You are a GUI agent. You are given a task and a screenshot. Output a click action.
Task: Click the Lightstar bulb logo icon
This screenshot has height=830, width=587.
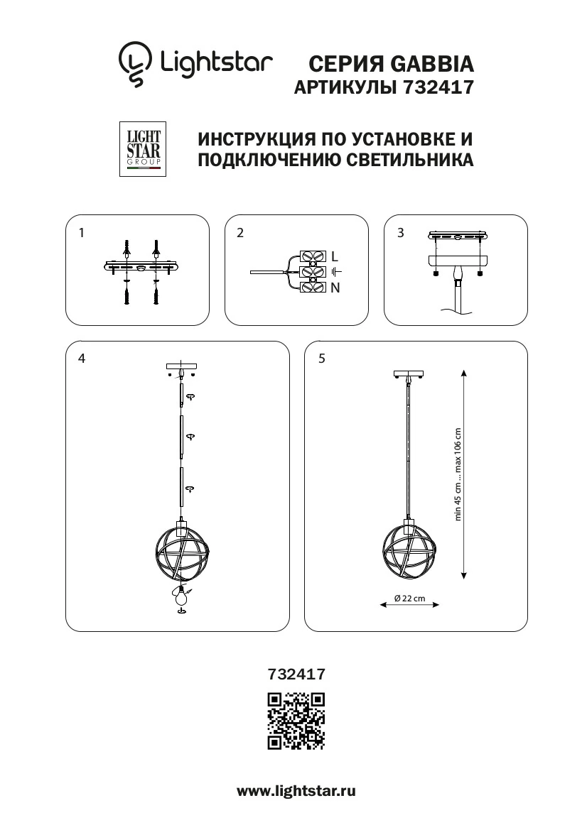tap(135, 63)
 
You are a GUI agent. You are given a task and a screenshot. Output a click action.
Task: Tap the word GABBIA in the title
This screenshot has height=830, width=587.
tap(432, 64)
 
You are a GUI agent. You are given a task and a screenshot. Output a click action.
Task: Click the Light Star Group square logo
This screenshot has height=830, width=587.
tap(143, 148)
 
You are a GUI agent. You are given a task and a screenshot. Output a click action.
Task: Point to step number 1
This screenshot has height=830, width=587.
tap(82, 232)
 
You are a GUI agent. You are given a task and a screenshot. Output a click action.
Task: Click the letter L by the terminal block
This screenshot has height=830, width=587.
tap(335, 256)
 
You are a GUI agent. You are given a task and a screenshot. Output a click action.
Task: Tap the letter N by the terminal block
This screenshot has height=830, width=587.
tap(335, 288)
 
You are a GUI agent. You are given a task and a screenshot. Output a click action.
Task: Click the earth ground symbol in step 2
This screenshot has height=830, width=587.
tap(336, 272)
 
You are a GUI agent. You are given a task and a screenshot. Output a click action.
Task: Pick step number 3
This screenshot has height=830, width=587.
tap(401, 232)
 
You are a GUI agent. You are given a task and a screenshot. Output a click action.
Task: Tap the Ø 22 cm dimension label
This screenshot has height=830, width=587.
tap(410, 598)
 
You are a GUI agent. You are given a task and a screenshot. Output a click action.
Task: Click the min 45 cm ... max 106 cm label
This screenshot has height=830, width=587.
tap(458, 474)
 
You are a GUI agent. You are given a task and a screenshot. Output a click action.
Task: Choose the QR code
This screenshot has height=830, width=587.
tap(296, 721)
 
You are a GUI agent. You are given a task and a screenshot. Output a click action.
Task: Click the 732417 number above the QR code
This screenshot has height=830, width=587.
tap(296, 675)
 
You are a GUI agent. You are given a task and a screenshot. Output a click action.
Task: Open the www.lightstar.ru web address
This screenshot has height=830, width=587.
tap(296, 792)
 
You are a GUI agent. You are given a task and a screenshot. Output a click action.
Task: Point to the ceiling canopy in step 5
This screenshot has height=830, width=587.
tap(408, 375)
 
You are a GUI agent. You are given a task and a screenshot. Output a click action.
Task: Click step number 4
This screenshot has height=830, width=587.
tap(82, 359)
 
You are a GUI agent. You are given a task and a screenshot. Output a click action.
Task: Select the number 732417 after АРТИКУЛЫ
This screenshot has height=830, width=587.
tap(438, 87)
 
